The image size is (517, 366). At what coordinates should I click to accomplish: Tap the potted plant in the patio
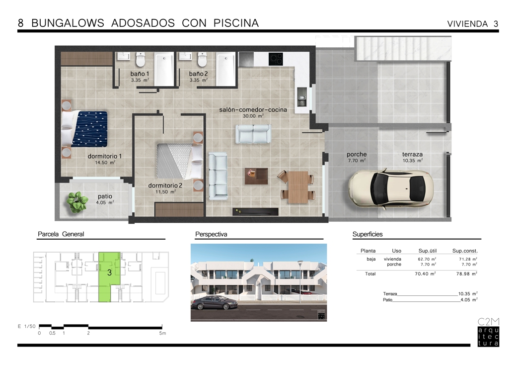77,201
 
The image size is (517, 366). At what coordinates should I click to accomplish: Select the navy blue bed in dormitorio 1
85,129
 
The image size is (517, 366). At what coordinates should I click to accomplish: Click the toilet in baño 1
141,59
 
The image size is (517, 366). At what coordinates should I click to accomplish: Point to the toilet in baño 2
202,59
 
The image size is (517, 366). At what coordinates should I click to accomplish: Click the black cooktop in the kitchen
276,59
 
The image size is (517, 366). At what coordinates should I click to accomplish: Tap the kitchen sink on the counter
301,96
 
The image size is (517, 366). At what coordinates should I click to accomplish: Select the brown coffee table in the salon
256,176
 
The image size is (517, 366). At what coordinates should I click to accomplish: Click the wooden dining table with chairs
297,187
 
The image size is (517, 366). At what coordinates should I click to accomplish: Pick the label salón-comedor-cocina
253,110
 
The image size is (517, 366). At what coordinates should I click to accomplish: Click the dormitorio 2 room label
165,186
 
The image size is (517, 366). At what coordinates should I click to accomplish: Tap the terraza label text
412,155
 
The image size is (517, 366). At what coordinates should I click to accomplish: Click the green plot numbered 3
109,276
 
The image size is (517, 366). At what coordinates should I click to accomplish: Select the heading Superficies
368,234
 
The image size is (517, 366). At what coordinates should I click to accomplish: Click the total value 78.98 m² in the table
466,274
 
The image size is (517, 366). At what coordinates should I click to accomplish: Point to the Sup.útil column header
427,251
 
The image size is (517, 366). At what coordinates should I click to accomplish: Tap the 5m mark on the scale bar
162,333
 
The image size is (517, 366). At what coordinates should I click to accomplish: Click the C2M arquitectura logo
488,332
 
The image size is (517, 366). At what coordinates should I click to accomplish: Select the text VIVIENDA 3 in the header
472,24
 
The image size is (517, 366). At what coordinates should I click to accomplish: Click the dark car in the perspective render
215,302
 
